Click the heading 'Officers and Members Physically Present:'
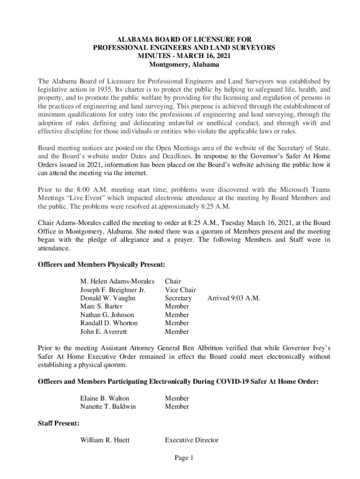pos(101,265)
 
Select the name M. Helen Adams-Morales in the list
pos(117,282)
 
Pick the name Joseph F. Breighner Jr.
pos(113,290)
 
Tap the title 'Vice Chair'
pos(180,290)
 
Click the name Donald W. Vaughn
pos(108,298)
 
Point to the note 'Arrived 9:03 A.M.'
pos(234,298)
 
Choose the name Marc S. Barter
pos(101,306)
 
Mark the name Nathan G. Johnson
pos(107,315)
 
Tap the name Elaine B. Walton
pos(105,398)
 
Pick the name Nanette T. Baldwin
pos(108,406)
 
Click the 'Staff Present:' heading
pos(58,423)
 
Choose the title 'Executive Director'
pos(192,440)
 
